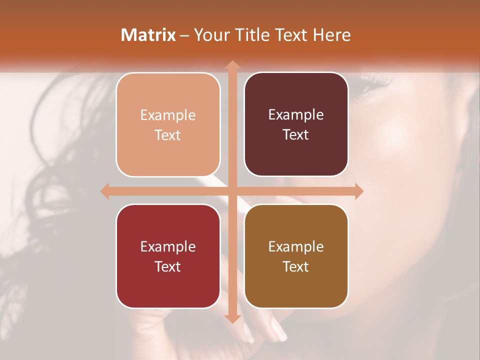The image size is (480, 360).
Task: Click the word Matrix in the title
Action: pos(148,35)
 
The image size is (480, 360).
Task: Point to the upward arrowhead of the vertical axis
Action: pos(232,65)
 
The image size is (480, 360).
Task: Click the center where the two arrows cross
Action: pos(232,191)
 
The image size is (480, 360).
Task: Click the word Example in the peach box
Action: pos(168,115)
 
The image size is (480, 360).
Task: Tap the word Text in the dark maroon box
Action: pos(296,135)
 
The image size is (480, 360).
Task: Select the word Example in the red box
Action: pos(168,247)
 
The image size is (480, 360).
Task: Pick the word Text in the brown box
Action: pos(296,266)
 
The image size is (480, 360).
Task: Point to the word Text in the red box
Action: pos(168,266)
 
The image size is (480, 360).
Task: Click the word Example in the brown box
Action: pos(296,247)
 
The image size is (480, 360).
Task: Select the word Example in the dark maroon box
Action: pos(296,115)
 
